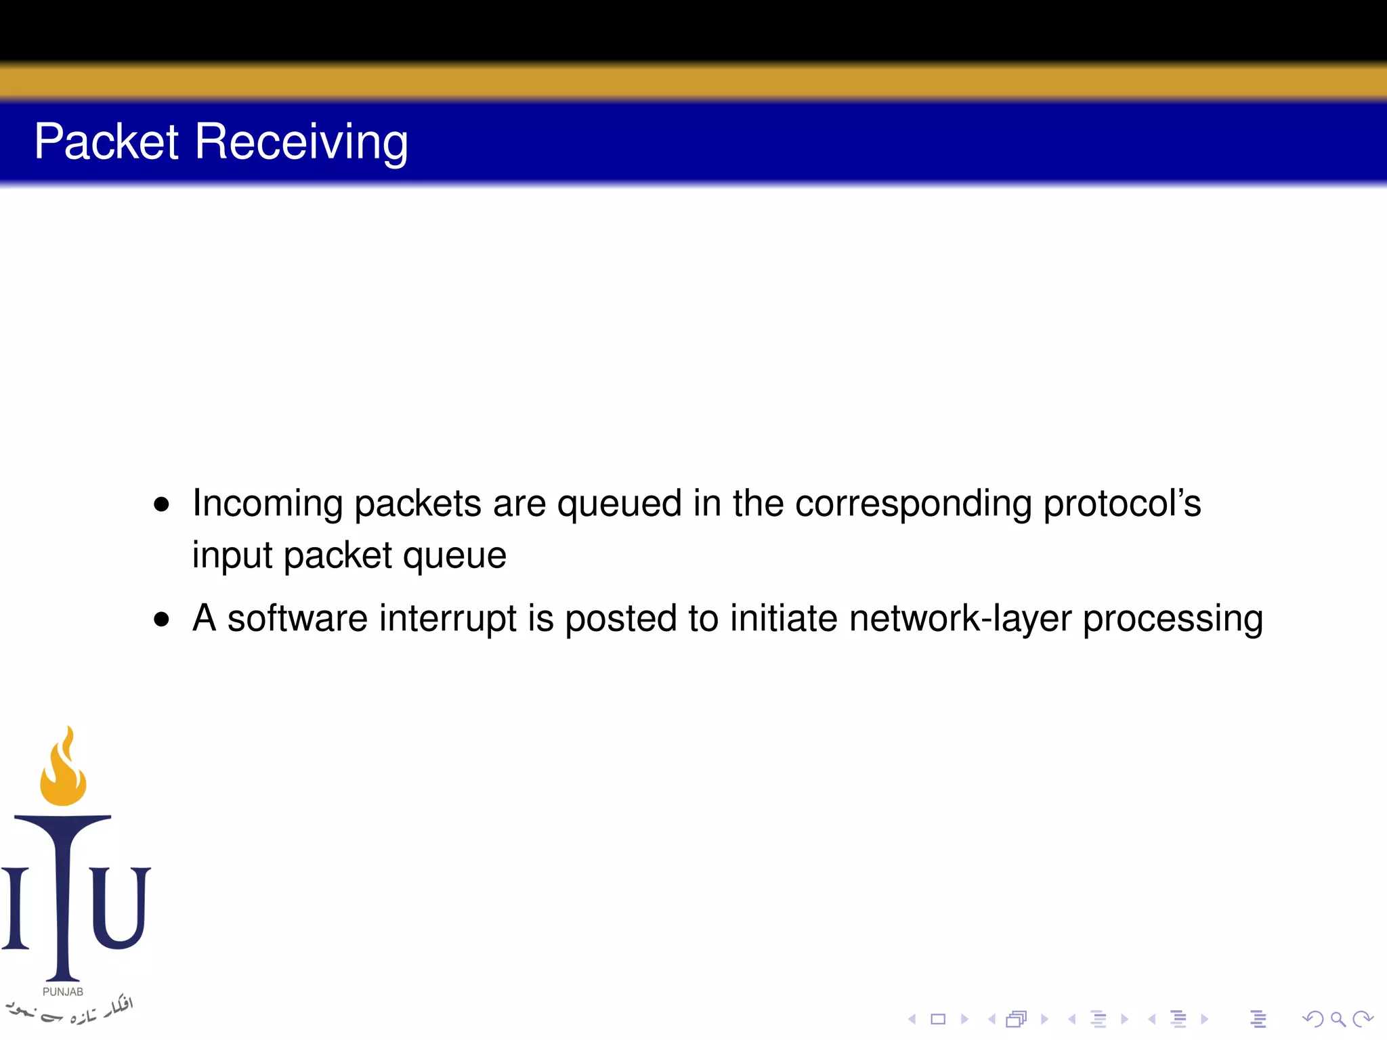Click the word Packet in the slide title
pos(106,142)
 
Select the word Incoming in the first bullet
pos(268,504)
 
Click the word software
pos(297,619)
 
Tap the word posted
pos(620,619)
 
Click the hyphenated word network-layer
pos(960,619)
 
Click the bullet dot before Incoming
pos(161,504)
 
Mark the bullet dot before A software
pos(161,619)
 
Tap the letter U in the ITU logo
pos(120,907)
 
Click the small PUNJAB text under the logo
pos(63,992)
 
